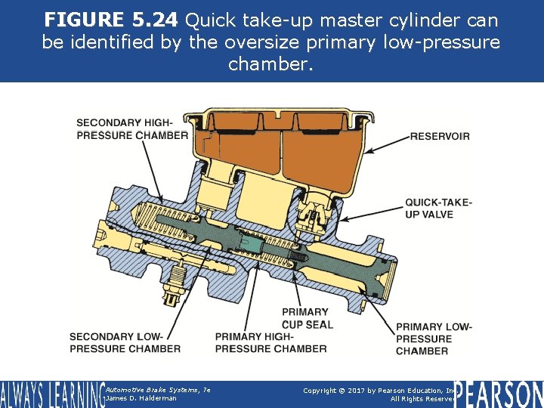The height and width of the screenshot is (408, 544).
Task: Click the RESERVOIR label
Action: [440, 136]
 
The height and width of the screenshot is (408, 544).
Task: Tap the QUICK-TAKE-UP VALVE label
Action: [439, 209]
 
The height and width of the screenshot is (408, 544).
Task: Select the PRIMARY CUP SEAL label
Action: [308, 318]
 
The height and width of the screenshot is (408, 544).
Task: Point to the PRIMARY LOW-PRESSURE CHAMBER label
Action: [434, 339]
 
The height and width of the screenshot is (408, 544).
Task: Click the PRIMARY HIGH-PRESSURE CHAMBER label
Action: [270, 342]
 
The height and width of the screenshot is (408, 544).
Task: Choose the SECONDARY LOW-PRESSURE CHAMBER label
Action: [125, 342]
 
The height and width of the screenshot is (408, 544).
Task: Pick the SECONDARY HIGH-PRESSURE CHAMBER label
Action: [132, 129]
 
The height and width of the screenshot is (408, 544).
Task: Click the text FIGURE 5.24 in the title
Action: [111, 20]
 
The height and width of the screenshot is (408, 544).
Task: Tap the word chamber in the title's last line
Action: [270, 63]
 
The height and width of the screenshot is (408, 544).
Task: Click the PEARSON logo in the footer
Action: [499, 394]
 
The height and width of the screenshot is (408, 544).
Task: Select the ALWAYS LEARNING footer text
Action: [53, 394]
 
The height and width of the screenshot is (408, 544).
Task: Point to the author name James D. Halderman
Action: [141, 399]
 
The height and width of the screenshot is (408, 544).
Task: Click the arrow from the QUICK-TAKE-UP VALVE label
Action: [372, 214]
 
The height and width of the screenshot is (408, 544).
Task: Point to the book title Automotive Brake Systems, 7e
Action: [158, 390]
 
